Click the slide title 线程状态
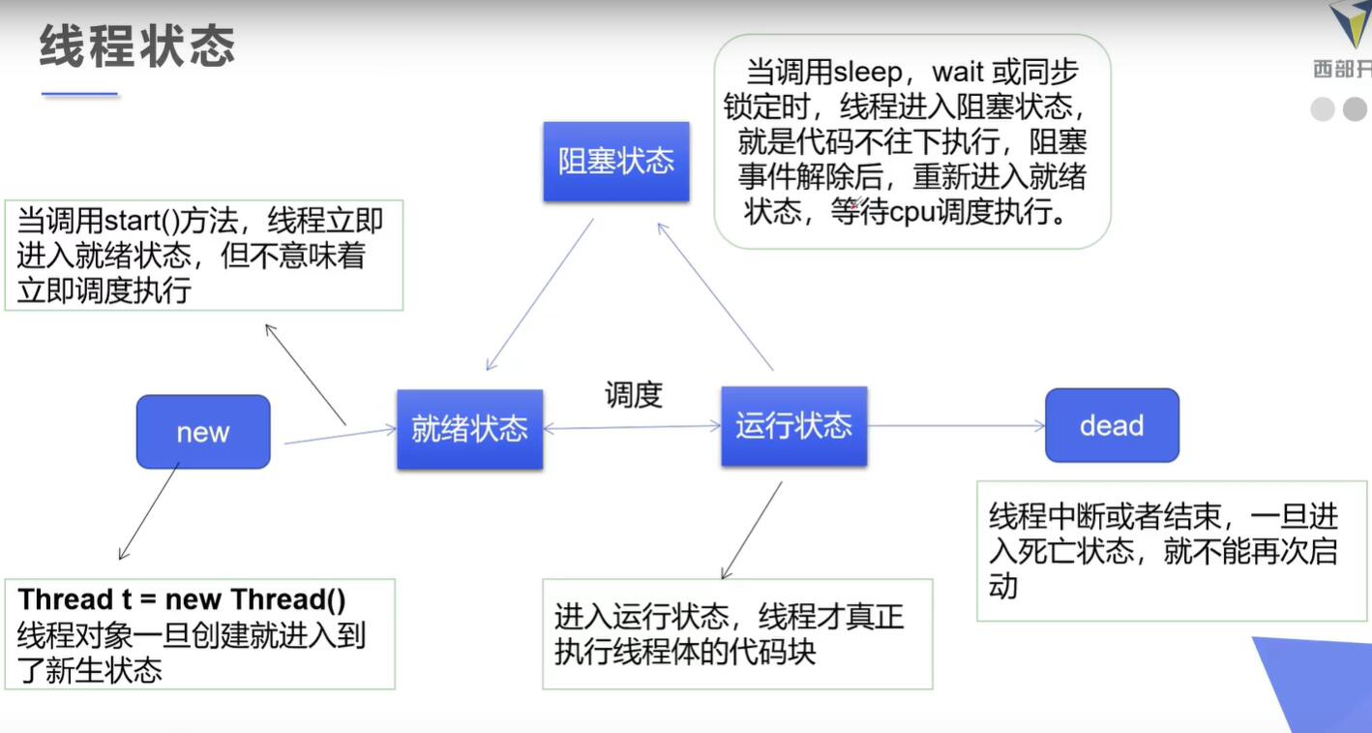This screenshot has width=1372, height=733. [x=136, y=46]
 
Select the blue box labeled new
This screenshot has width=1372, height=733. [x=203, y=432]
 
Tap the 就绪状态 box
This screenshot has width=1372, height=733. [x=469, y=429]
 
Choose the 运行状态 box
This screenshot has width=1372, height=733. [x=793, y=426]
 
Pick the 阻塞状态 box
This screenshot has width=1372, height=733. [x=615, y=161]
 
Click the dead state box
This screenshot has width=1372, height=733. [x=1112, y=425]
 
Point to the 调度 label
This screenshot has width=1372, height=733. [x=634, y=394]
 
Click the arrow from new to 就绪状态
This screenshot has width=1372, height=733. [x=341, y=435]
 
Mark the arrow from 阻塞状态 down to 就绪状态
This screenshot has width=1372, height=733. [x=539, y=294]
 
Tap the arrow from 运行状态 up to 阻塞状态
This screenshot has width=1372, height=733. [x=715, y=296]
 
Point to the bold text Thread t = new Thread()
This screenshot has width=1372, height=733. [x=182, y=599]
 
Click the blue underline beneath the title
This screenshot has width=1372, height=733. [x=79, y=94]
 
